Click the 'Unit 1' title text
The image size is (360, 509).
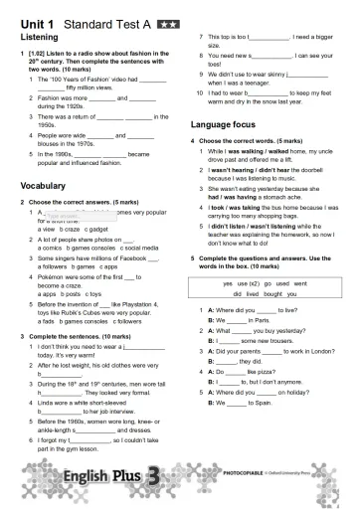coord(37,20)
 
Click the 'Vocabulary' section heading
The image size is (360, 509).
coord(45,185)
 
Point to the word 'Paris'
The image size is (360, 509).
coord(254,321)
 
